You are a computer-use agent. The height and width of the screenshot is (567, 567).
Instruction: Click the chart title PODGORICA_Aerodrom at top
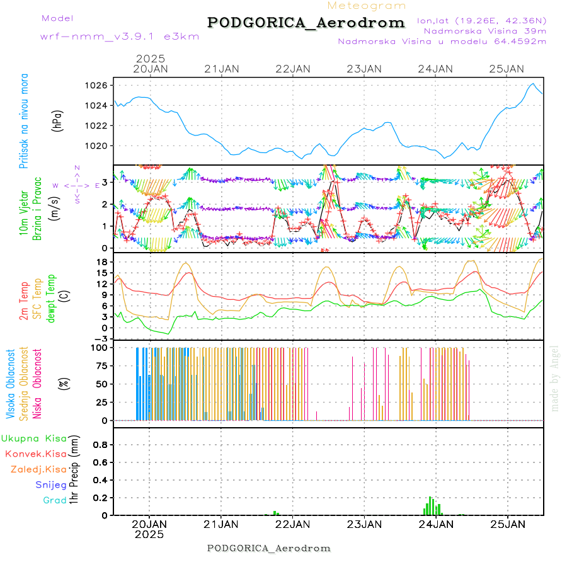point(306,23)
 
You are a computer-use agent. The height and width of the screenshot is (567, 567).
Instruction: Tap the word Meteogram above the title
point(367,6)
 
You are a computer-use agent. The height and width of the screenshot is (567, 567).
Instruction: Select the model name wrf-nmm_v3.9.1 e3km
point(120,36)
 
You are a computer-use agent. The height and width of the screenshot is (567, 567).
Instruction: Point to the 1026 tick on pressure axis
point(100,85)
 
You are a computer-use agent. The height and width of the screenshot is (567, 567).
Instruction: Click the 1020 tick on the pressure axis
point(100,146)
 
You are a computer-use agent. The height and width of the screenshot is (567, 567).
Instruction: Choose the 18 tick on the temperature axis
point(103,261)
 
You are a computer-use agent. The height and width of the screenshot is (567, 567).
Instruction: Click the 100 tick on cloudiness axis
point(100,347)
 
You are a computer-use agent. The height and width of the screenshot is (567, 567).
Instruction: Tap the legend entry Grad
point(55,500)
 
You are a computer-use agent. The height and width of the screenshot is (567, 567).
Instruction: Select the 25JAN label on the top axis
point(507,69)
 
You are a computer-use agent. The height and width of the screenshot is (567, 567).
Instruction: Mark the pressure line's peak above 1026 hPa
point(533,84)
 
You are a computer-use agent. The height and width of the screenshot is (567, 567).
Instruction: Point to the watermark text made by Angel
point(555,378)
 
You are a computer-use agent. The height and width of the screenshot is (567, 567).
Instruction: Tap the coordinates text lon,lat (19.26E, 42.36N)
point(481,21)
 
